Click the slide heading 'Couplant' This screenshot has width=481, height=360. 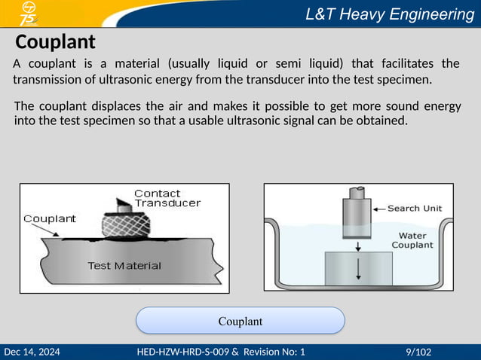click(55, 41)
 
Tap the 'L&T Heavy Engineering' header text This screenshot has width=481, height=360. click(389, 14)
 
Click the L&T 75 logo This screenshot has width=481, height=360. click(29, 14)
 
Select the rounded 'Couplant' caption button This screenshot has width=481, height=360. click(240, 321)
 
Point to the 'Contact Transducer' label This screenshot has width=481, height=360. click(167, 198)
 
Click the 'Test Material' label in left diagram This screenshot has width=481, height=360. click(124, 265)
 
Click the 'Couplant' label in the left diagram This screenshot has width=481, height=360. click(50, 219)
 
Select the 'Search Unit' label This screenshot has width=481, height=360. click(415, 209)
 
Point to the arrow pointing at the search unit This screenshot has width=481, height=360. click(379, 209)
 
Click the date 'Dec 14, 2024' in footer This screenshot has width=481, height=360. click(32, 352)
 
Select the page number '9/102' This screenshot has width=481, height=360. click(418, 352)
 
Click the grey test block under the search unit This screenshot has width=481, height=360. click(358, 267)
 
